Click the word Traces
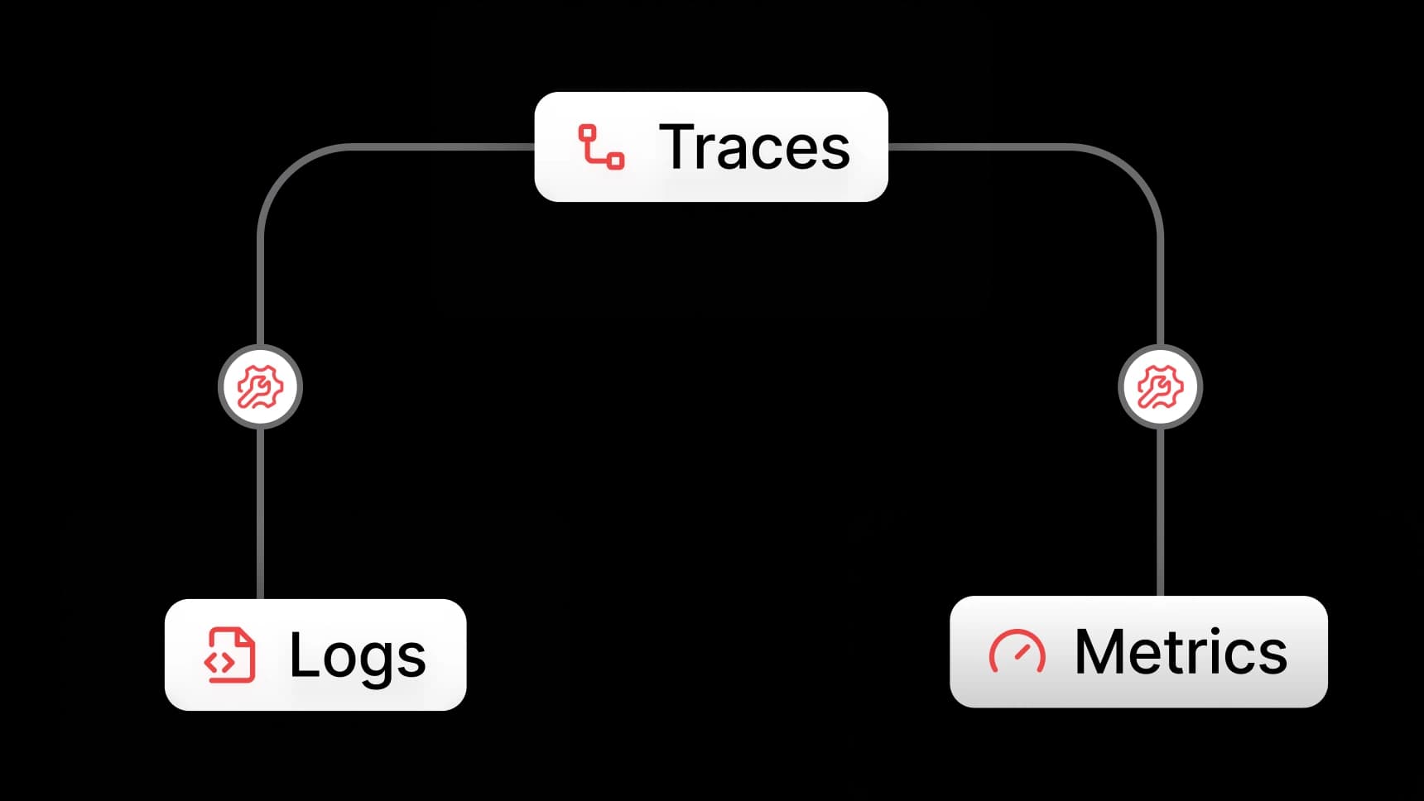point(754,147)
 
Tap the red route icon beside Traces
point(601,147)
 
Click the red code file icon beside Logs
point(229,655)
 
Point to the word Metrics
point(1181,652)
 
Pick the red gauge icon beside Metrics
point(1017,651)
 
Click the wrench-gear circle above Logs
point(261,387)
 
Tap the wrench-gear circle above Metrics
point(1161,387)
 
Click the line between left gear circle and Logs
point(261,514)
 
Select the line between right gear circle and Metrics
point(1161,512)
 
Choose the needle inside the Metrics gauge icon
point(1025,651)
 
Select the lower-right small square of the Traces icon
point(616,161)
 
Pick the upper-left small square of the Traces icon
point(587,133)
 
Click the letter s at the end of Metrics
point(1272,659)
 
